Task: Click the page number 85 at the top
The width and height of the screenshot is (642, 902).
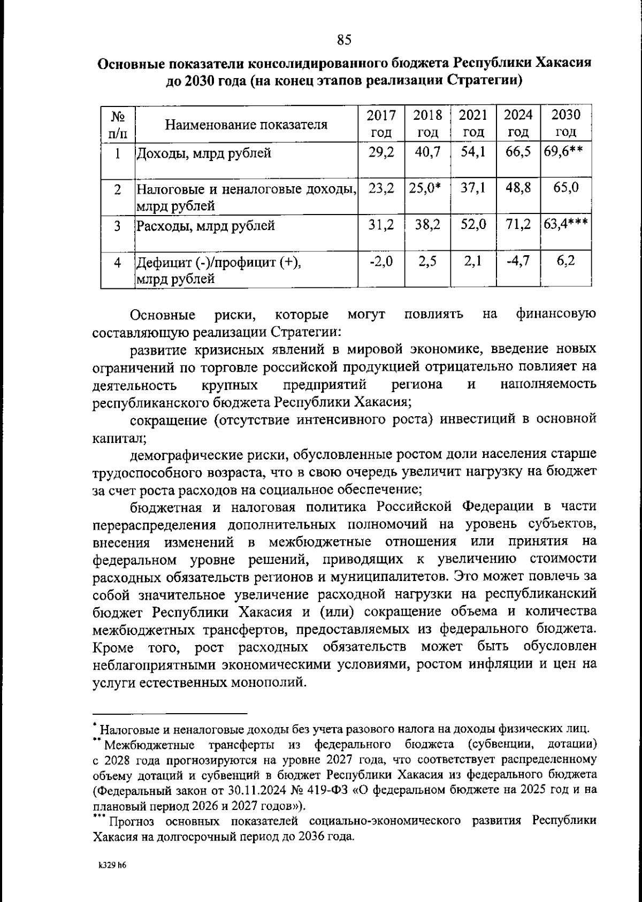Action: (x=344, y=39)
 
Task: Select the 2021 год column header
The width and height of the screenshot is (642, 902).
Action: (x=473, y=124)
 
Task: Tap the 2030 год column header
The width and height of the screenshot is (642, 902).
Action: (x=565, y=124)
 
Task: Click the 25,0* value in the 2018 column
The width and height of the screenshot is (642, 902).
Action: (x=427, y=188)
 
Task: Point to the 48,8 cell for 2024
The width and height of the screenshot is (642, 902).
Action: (x=518, y=188)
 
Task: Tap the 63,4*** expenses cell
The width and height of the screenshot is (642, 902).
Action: (x=566, y=225)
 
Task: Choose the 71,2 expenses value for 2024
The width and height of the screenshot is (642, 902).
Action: (x=518, y=225)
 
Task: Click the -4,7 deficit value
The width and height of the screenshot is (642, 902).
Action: (x=518, y=262)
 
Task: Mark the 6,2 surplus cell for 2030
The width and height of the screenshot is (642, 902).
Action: (x=565, y=262)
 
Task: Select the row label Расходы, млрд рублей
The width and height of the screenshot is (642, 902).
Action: (x=205, y=226)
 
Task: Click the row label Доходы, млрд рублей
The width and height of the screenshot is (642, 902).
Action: (x=203, y=154)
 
